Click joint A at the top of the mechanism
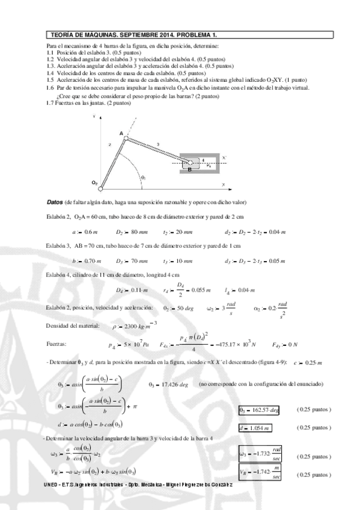click(x=126, y=138)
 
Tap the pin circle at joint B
click(x=190, y=162)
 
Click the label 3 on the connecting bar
click(x=157, y=144)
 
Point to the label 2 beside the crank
click(x=110, y=145)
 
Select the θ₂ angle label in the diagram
click(x=126, y=177)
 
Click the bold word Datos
click(x=55, y=201)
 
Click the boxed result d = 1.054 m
click(x=255, y=411)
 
